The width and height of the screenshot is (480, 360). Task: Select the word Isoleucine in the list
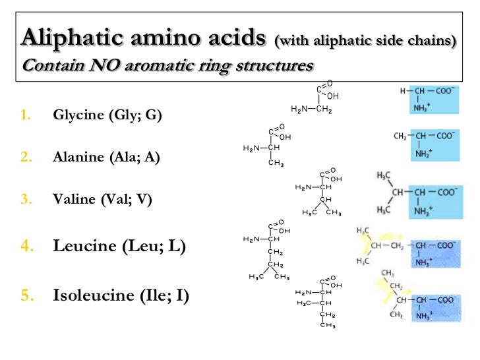[95, 295]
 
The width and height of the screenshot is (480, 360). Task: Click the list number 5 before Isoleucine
[26, 295]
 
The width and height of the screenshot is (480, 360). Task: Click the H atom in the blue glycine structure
[402, 90]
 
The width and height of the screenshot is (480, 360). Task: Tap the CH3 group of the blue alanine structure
[400, 136]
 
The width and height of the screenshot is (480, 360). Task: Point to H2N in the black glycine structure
[301, 109]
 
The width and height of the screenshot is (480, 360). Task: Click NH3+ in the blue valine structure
[424, 211]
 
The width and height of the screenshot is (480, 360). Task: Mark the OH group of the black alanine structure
[285, 136]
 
